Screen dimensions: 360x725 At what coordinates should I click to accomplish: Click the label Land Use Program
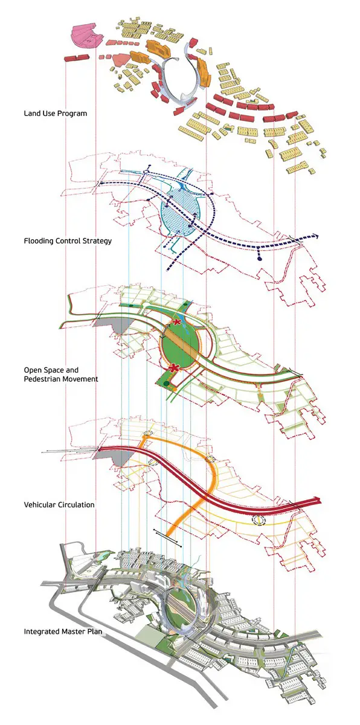56,114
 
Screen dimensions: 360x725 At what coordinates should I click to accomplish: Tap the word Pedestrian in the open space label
40,379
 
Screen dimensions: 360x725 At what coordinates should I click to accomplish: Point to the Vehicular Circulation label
59,504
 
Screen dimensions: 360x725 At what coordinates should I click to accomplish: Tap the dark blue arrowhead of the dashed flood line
317,237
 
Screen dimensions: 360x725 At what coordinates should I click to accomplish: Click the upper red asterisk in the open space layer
176,322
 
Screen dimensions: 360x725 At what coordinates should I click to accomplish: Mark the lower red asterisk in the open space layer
175,368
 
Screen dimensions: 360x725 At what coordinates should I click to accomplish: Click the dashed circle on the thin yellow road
259,520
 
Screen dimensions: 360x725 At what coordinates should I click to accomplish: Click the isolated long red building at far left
77,58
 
